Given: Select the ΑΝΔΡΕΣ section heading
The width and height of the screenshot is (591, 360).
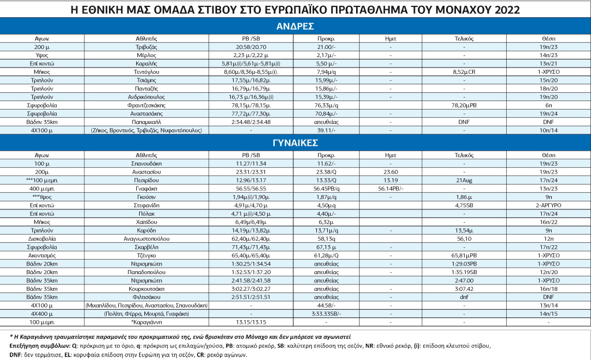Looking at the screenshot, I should point(295,27).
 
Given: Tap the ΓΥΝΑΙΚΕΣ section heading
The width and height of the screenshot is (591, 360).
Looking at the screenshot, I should point(295,143).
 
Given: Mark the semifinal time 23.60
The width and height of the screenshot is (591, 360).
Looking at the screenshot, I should point(391,171).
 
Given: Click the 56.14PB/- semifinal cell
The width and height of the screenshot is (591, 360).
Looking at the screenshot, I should point(391,188).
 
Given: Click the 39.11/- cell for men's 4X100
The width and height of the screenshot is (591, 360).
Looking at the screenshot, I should point(327,130).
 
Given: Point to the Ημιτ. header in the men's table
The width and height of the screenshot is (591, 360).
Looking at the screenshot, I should point(391,38).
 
